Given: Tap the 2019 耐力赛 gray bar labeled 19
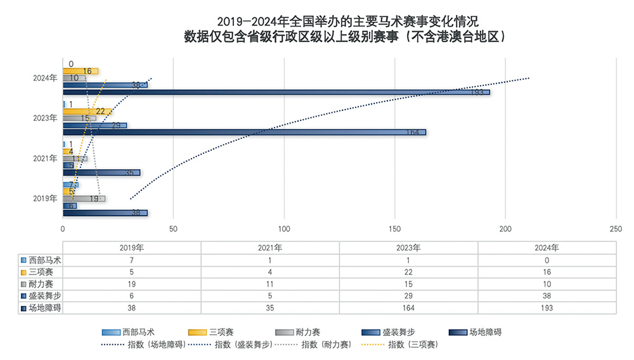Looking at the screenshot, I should [x=84, y=198].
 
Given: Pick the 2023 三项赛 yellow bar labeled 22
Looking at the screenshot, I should [x=87, y=112].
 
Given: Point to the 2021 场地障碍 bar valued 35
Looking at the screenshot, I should [x=101, y=172].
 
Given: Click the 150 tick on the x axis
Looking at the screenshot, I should [x=394, y=228].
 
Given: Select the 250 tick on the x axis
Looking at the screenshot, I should [x=616, y=228].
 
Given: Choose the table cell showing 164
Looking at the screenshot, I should [x=408, y=307].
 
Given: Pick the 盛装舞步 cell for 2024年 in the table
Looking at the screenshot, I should [x=547, y=295].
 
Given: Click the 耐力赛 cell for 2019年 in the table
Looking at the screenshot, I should [x=131, y=283].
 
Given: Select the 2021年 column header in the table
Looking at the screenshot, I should [x=270, y=248].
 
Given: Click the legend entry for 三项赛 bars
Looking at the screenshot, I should [x=213, y=332].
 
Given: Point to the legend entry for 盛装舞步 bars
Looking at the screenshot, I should [x=387, y=332].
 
